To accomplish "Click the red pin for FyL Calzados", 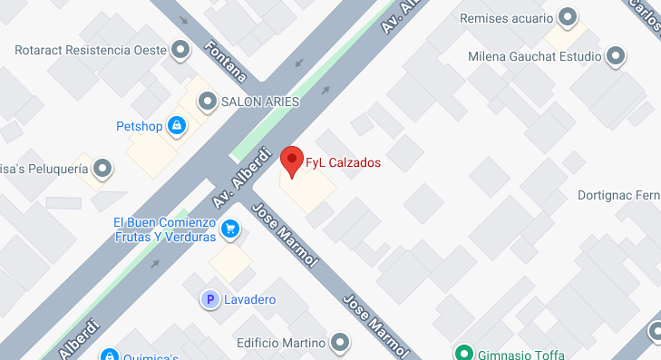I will tap(291, 160).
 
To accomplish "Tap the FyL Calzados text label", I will tap(343, 164).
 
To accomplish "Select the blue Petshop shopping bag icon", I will tap(179, 126).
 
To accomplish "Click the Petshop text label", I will tap(139, 126).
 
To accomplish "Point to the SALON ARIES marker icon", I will tap(209, 102).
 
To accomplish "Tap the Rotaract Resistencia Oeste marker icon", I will tap(182, 50).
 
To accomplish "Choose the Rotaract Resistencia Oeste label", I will tap(92, 50).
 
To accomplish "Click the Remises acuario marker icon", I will tap(569, 17).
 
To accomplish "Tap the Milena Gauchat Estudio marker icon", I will tap(617, 57).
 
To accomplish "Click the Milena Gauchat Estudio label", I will tap(535, 57).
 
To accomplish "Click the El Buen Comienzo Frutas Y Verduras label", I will tap(164, 229).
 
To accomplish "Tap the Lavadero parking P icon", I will tap(209, 299).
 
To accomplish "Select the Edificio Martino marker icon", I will tap(340, 343).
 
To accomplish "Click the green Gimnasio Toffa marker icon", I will tap(464, 353).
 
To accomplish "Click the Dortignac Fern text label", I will tap(619, 196).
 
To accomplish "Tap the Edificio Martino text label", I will tap(280, 343).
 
